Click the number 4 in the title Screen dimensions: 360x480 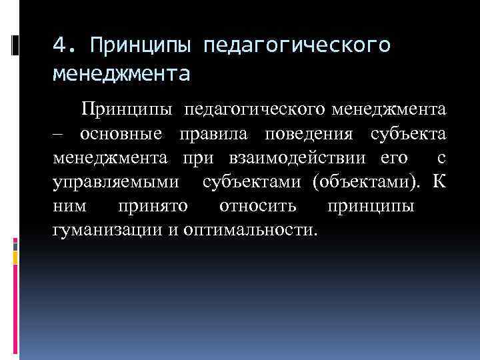60,45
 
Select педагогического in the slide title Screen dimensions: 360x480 296,45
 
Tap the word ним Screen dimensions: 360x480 69,206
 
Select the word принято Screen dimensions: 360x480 153,206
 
